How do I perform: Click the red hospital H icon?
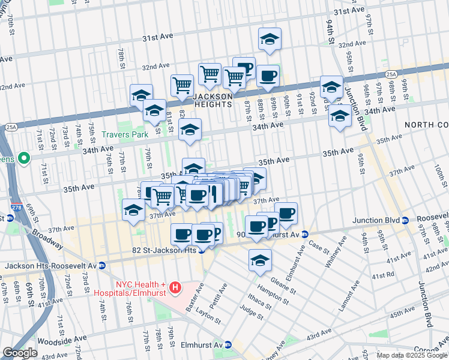point(175,289)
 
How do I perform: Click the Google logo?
point(19,353)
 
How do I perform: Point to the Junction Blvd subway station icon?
point(406,220)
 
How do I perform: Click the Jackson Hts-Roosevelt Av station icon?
point(102,265)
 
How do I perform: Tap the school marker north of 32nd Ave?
point(270,40)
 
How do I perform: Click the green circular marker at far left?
point(23,159)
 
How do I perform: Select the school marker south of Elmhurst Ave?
point(260,260)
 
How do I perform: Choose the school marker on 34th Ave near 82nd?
point(190,130)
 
